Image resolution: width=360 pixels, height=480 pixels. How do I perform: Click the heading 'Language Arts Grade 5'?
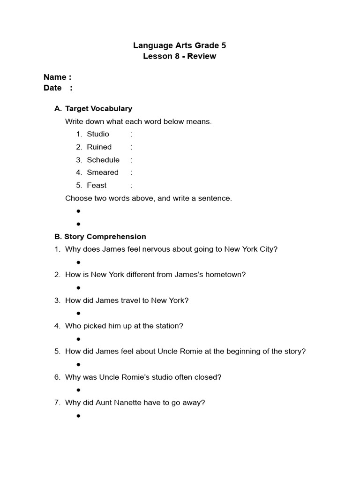coord(180,45)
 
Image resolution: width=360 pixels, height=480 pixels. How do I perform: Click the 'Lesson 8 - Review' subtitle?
coord(180,57)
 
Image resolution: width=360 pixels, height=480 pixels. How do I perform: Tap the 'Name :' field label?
coord(57,77)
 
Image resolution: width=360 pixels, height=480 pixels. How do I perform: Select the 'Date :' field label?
coord(58,88)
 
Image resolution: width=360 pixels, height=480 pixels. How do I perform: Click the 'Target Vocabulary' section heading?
coord(98,109)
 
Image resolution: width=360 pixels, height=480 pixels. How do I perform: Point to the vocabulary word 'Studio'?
coord(98,134)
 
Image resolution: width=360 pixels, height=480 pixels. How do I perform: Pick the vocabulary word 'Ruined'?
coord(99,147)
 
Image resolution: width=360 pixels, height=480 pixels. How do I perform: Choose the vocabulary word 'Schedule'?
coord(103,160)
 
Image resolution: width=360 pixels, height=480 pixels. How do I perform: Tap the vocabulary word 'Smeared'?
coord(103,172)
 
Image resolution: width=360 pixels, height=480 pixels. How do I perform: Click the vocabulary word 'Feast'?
coord(97,186)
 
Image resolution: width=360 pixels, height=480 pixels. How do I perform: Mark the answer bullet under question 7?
coord(78,416)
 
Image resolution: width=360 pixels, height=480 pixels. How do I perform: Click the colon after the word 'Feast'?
coord(132,186)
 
